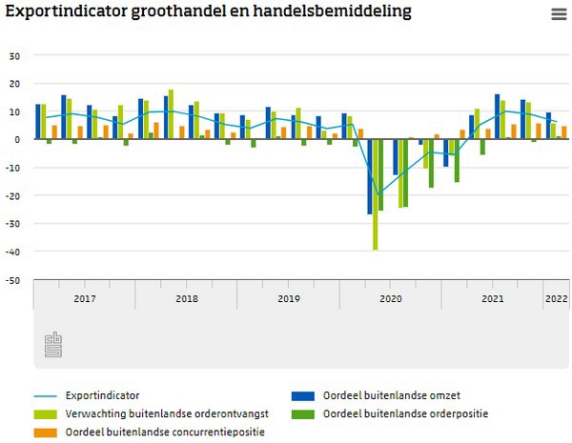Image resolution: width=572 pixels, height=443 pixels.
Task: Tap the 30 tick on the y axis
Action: click(14, 55)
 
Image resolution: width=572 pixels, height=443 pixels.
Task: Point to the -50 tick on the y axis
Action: click(12, 280)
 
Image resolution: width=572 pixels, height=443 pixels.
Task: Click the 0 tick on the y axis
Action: click(17, 139)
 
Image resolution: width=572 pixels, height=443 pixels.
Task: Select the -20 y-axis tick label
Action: click(12, 196)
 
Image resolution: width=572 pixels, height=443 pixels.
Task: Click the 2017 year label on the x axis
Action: click(84, 298)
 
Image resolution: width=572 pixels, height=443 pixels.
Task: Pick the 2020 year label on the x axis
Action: click(390, 298)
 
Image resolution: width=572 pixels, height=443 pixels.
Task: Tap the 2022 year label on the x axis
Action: click(556, 298)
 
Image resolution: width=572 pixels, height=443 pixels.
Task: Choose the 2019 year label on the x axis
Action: click(288, 298)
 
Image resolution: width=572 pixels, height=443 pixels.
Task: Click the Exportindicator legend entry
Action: click(97, 394)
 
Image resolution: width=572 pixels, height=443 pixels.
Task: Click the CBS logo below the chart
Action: click(52, 346)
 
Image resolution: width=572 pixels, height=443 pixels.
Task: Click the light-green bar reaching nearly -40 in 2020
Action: click(376, 195)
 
